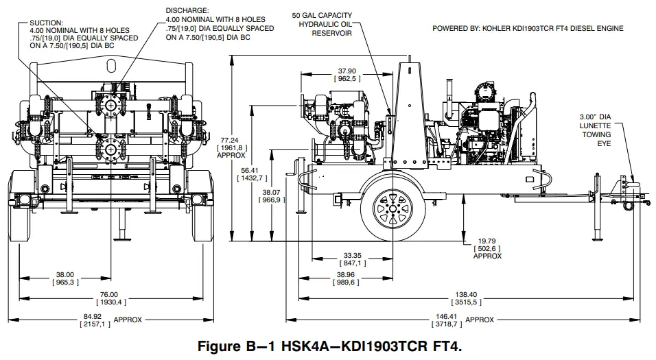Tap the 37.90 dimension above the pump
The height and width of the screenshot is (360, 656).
(x=347, y=71)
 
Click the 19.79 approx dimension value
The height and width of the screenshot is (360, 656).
(x=487, y=241)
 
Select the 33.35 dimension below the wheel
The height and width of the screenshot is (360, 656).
(x=353, y=254)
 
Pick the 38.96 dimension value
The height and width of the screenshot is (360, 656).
(x=353, y=274)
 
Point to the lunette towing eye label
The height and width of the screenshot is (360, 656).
(x=596, y=126)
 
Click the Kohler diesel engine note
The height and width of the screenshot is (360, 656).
(x=527, y=28)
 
